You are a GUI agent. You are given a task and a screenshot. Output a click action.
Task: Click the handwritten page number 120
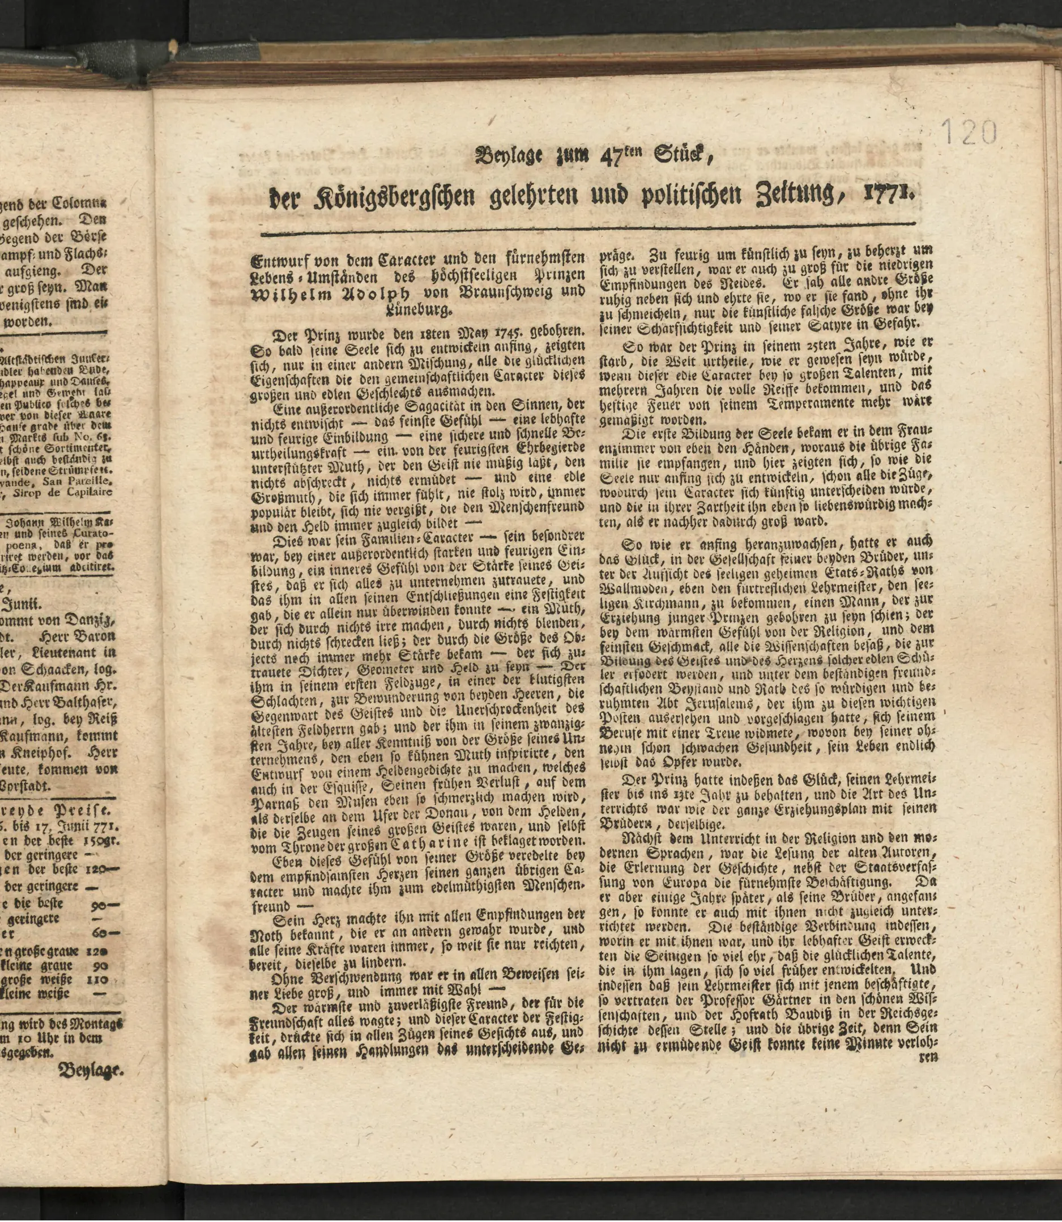[x=969, y=131]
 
